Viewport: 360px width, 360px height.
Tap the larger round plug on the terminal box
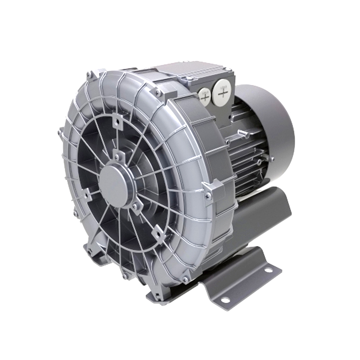(x=223, y=93)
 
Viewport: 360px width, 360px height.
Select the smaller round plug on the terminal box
(x=204, y=96)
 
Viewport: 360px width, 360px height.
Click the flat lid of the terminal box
(x=189, y=72)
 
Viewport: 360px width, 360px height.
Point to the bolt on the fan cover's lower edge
(x=272, y=158)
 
